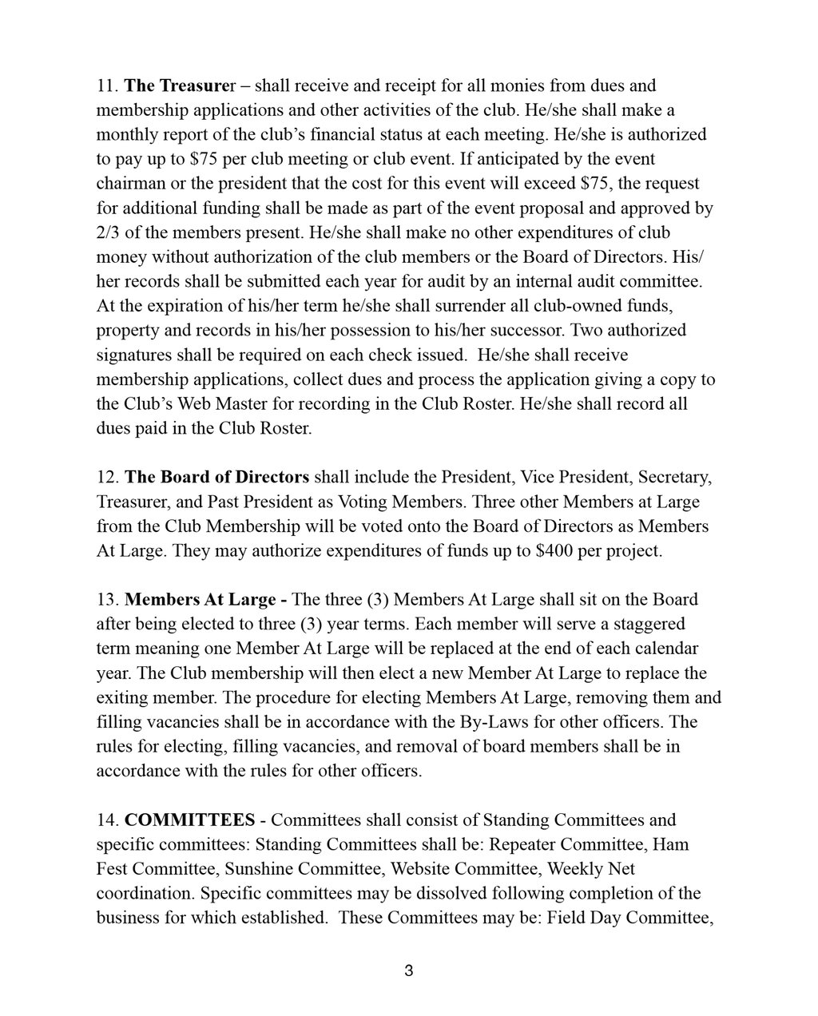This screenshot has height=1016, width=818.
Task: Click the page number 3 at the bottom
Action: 409,972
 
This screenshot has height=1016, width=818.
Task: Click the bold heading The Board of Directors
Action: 217,478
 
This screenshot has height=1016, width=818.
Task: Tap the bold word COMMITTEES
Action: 190,820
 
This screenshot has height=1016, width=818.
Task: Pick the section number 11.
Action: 107,85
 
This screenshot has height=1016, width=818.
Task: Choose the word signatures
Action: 133,355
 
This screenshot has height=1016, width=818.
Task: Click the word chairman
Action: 132,184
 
